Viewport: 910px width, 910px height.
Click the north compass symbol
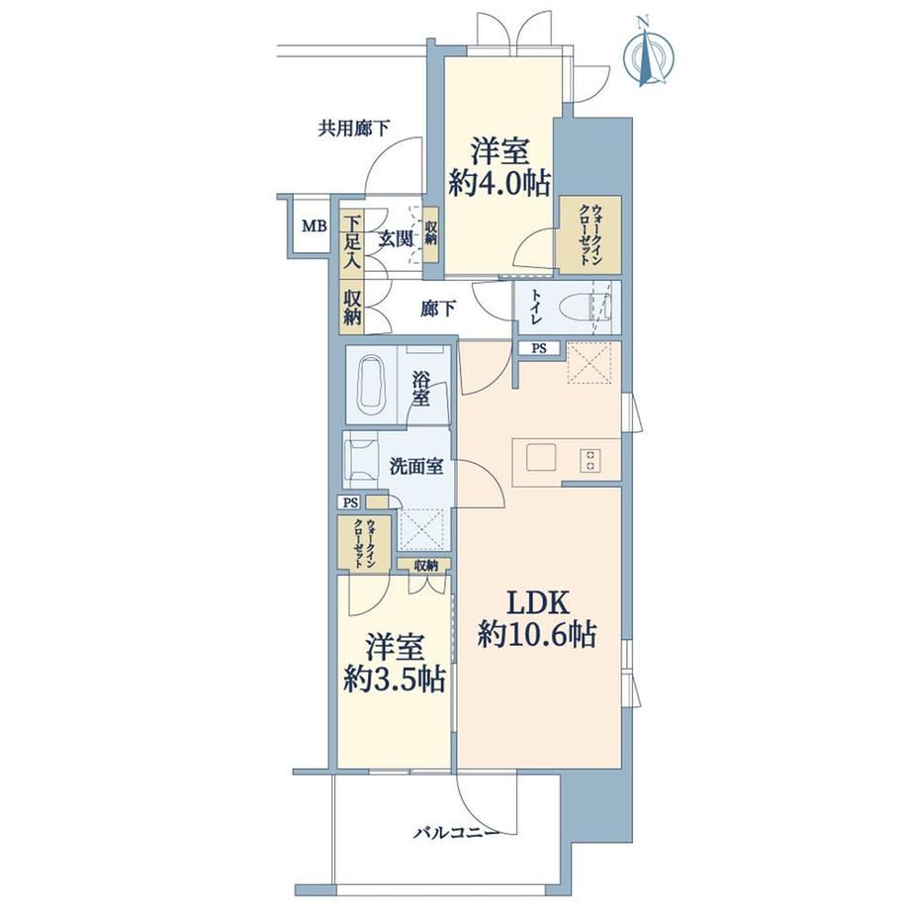[649, 55]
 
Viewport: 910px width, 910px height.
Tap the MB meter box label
[315, 226]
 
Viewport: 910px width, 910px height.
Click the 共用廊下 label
[353, 128]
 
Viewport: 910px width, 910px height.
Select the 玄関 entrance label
[396, 238]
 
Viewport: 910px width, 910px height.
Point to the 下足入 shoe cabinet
[351, 242]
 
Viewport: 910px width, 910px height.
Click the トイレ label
[535, 307]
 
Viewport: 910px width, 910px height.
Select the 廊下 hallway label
[437, 309]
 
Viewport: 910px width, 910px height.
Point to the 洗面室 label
[416, 466]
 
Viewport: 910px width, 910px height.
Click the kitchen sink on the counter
[541, 458]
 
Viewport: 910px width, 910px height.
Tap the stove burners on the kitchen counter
[590, 460]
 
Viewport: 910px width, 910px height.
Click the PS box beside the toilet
[539, 349]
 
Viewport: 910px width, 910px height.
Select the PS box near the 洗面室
[350, 502]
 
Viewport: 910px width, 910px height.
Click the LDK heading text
[537, 603]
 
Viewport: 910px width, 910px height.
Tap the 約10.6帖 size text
[537, 634]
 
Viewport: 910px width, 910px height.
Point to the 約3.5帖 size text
[395, 679]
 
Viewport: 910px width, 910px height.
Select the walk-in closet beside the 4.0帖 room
[590, 235]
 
